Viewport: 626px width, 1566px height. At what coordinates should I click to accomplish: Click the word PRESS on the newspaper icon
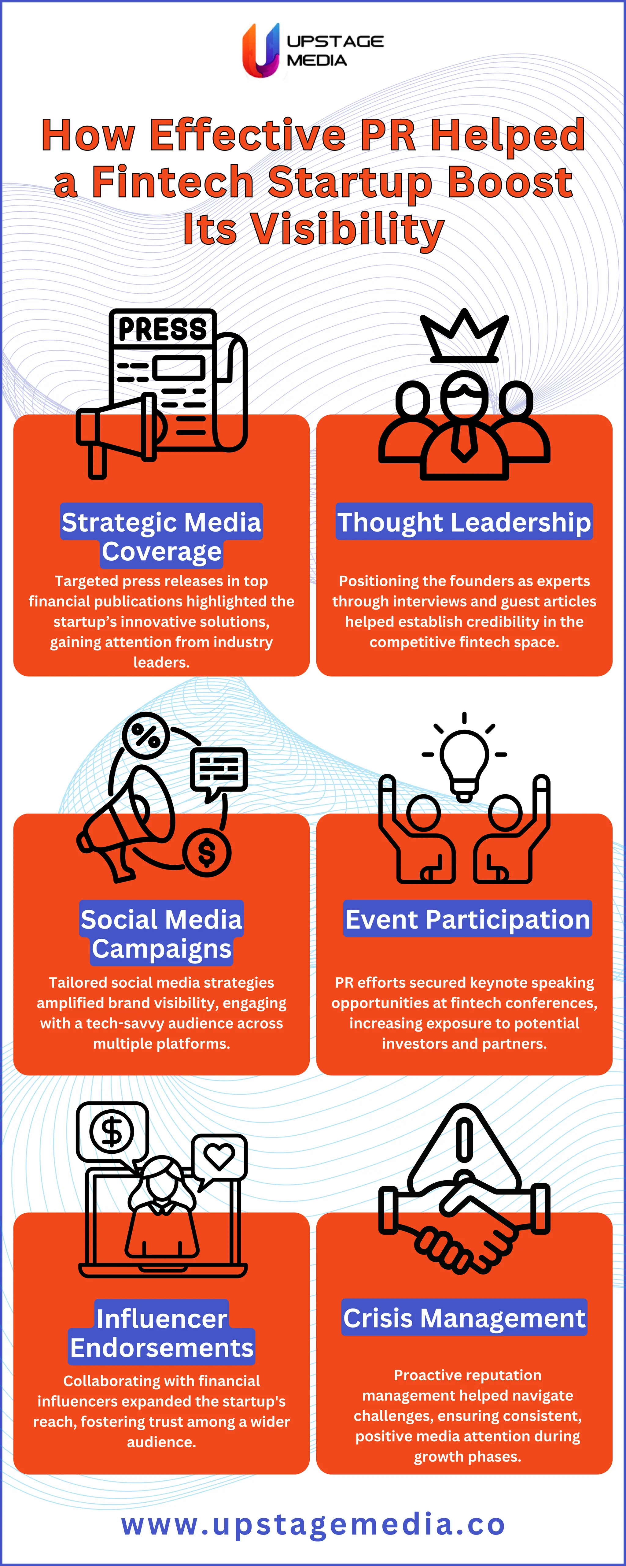162,329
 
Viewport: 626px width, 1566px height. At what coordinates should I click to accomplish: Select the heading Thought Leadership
464,522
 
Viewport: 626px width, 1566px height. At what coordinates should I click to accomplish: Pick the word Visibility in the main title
348,230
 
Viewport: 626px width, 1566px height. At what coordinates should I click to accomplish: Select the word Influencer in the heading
162,1318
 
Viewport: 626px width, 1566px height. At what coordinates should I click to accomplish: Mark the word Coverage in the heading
162,551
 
